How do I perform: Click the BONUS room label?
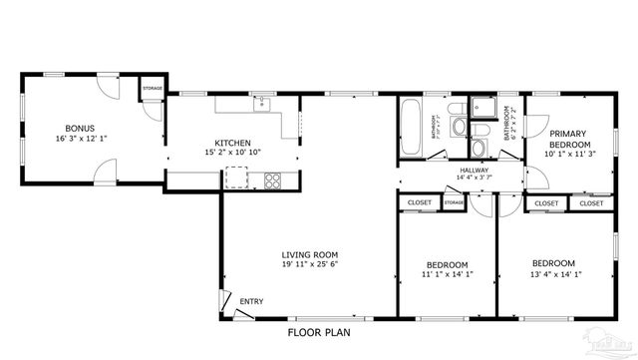[80, 129]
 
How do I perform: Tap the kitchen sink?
[262, 102]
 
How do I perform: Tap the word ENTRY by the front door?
[251, 302]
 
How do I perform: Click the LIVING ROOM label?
[310, 254]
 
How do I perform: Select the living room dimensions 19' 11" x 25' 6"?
[310, 265]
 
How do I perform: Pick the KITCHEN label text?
[232, 143]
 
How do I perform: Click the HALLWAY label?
[474, 171]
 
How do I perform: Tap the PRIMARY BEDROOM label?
[568, 138]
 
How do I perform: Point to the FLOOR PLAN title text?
[318, 332]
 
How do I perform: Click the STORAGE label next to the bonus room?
[152, 89]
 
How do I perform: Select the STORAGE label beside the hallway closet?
[454, 203]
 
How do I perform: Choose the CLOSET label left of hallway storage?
[418, 203]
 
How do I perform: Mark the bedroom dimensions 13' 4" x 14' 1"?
[552, 274]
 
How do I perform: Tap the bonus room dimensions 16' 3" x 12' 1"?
[80, 140]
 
